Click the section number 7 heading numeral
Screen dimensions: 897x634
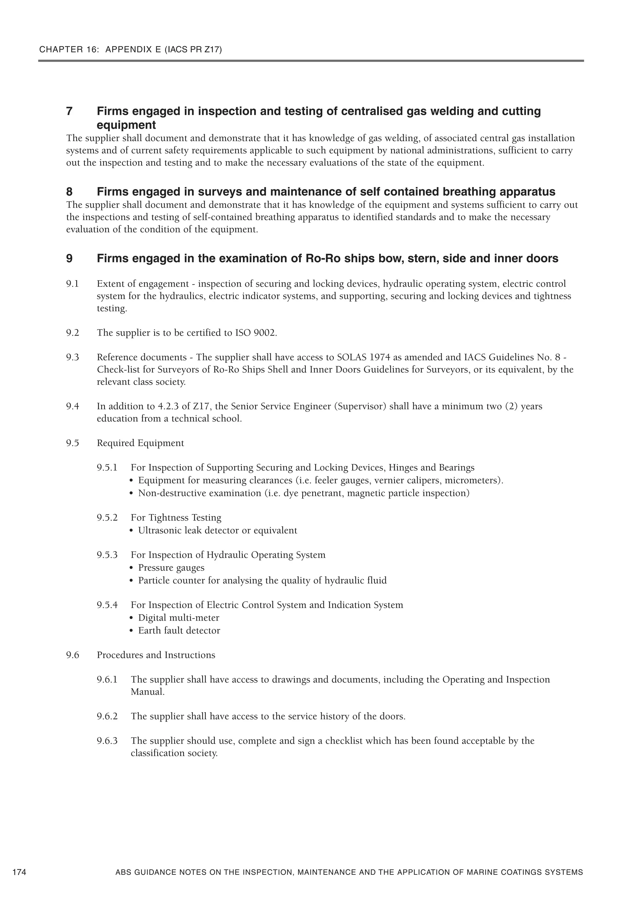pos(70,111)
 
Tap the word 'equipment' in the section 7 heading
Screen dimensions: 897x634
pos(126,125)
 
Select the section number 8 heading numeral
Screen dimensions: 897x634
pos(70,192)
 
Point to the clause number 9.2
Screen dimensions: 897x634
pos(73,333)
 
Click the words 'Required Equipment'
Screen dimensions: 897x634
pos(140,443)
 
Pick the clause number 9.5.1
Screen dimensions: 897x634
pos(107,468)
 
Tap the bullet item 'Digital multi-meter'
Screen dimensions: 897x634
pos(179,618)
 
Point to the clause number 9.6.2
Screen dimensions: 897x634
pos(107,716)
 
